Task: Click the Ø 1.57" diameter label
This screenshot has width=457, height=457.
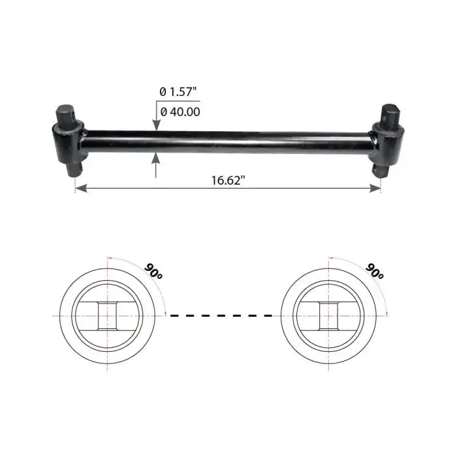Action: (x=178, y=92)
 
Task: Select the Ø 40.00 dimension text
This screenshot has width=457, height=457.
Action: (x=180, y=112)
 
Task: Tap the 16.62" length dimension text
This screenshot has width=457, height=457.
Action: (x=228, y=180)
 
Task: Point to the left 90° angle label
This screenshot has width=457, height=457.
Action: (x=153, y=272)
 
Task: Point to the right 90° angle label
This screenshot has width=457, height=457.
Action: (x=375, y=272)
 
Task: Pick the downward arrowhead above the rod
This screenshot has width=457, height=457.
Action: (x=156, y=125)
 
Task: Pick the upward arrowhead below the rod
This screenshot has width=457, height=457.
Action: (x=156, y=157)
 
